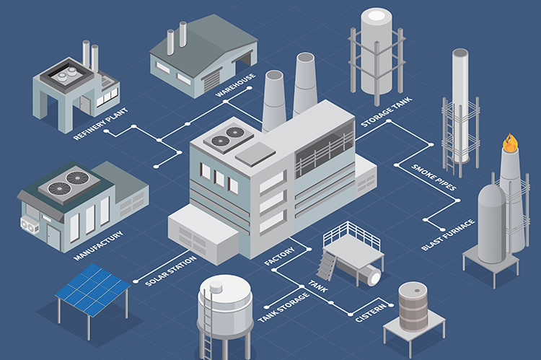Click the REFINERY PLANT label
100,123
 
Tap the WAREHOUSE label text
235,85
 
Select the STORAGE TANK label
386,112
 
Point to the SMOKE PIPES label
434,177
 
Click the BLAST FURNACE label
448,234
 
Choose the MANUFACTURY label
98,245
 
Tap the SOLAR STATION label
170,271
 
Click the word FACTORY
279,256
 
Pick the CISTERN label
371,312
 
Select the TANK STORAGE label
283,307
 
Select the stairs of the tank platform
325,265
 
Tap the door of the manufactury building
53,237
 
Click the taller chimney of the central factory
305,84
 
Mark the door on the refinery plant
85,105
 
